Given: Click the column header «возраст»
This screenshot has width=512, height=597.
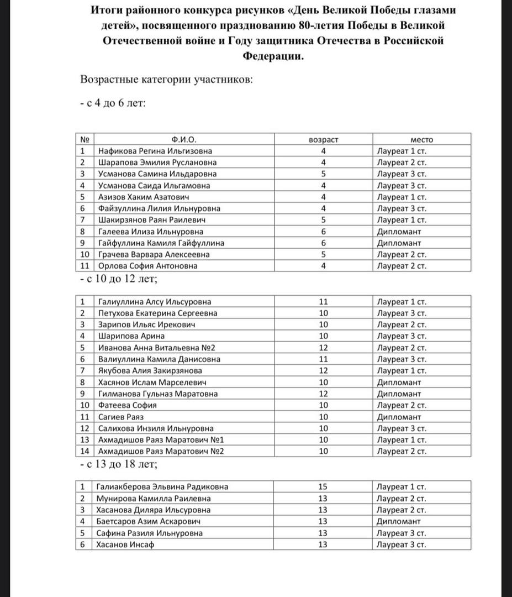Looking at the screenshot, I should (x=324, y=139).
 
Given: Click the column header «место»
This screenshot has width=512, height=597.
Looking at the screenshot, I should (x=421, y=139).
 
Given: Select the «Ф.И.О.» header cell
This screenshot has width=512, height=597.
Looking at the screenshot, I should (x=184, y=139).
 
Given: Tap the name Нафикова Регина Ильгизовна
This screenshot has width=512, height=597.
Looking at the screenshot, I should (x=155, y=151).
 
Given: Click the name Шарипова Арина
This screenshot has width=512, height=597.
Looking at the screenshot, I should (x=131, y=336).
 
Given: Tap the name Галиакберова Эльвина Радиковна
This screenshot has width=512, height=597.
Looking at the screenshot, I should (x=162, y=487).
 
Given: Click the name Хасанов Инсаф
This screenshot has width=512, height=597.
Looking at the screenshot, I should (x=125, y=544).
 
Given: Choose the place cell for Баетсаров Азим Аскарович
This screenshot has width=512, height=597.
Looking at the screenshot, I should (x=399, y=521).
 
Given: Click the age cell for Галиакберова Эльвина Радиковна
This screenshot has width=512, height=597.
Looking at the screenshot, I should (x=324, y=487).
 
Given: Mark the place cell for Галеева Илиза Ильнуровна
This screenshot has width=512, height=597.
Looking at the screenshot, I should (x=399, y=232).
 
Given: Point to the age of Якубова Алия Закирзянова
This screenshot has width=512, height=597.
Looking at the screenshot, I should (x=324, y=370).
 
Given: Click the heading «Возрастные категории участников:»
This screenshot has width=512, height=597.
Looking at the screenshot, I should (x=167, y=80).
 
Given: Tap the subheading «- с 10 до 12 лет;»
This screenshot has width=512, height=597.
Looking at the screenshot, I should (x=119, y=280).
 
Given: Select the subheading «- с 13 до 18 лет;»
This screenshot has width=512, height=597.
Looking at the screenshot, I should (x=119, y=464).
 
